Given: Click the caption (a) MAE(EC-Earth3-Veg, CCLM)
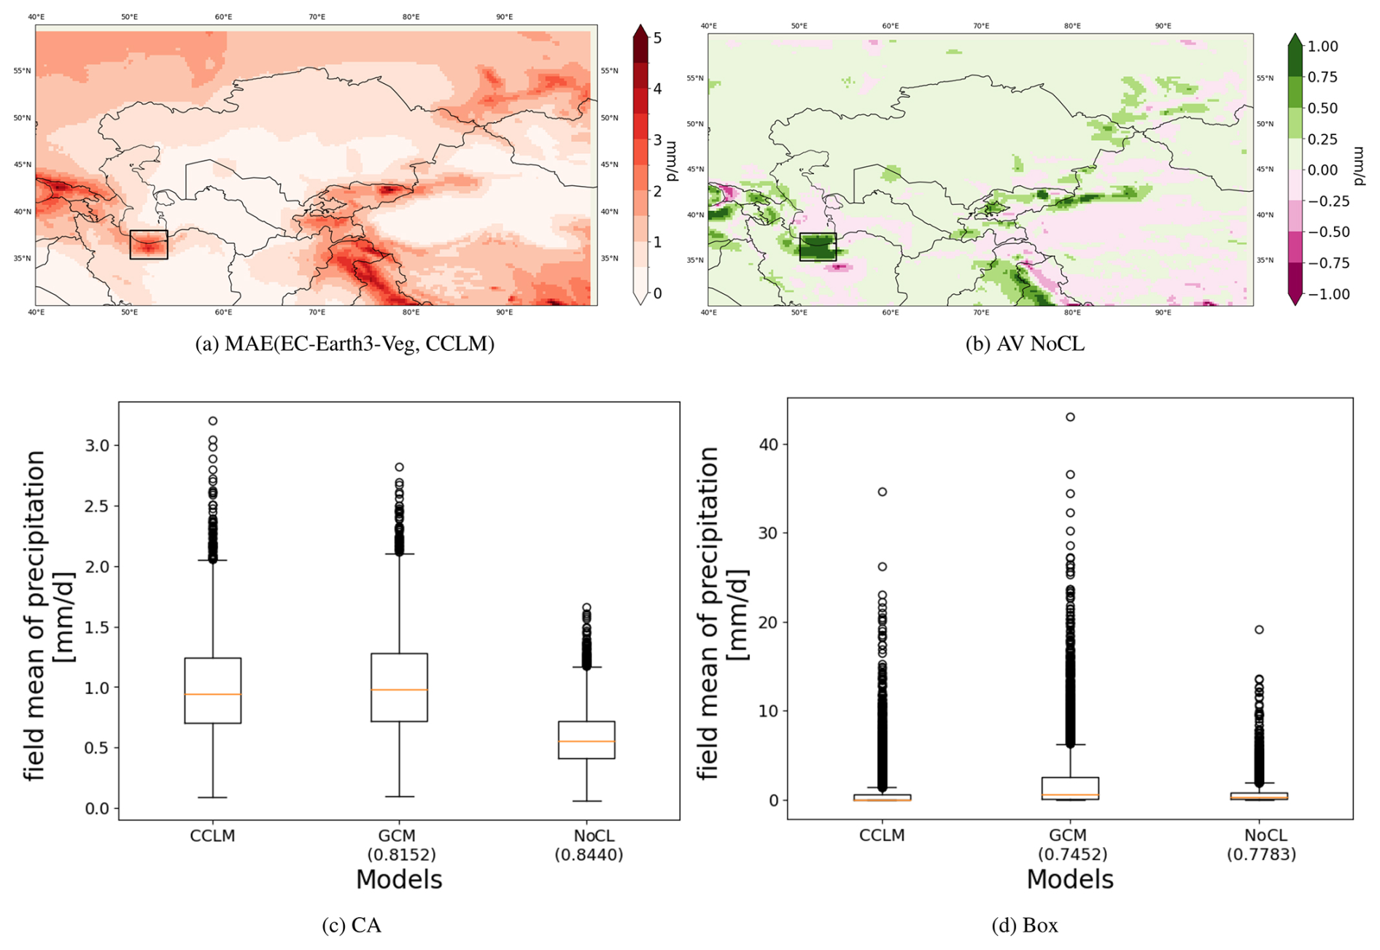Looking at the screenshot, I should [x=344, y=344].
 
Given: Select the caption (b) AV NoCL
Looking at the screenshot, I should [x=1025, y=344].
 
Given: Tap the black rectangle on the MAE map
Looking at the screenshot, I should [x=149, y=244].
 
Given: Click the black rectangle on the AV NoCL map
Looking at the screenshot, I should [x=818, y=247].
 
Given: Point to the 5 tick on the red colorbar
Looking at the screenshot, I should [x=657, y=38].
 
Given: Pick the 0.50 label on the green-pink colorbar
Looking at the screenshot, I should [x=1322, y=108].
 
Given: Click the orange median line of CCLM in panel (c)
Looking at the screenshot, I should [x=213, y=694].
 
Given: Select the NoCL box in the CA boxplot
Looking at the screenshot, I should [x=586, y=740].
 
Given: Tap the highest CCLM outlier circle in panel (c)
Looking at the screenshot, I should [x=213, y=421].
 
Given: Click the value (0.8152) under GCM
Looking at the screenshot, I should [x=400, y=854].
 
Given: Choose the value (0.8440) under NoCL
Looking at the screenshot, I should [x=589, y=854].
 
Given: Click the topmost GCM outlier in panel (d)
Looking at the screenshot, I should [x=1070, y=417].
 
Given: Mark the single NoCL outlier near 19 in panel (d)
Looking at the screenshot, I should [x=1259, y=630].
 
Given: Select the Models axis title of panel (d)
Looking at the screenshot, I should [x=1070, y=880].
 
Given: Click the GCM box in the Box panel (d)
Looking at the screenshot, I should [x=1070, y=788].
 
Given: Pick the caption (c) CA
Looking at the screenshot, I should [x=352, y=926].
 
